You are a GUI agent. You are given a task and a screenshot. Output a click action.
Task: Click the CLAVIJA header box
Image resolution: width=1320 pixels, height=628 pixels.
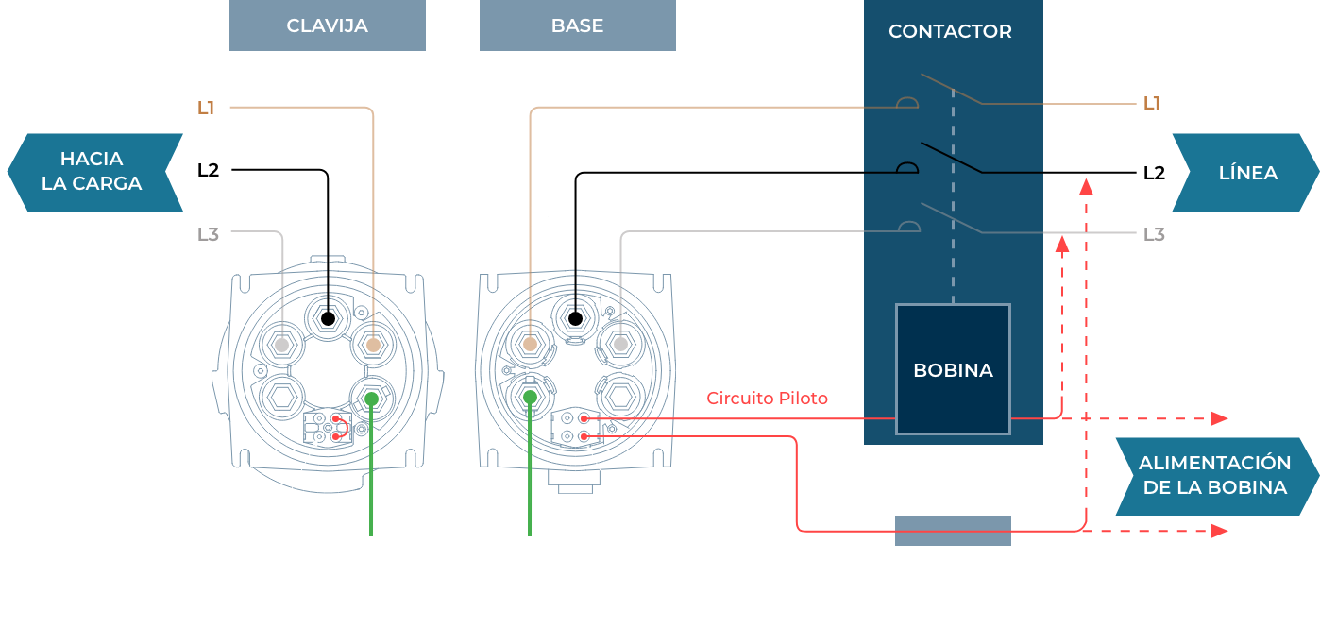[x=327, y=25]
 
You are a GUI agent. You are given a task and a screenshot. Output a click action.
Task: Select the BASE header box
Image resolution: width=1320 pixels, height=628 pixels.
[x=578, y=25]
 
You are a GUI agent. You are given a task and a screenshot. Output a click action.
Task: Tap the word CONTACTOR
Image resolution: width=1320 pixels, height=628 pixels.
[x=950, y=31]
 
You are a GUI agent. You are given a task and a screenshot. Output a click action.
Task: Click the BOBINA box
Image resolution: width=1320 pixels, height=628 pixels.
[x=953, y=369]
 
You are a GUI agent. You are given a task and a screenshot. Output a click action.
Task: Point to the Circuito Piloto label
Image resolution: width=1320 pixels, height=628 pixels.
[x=768, y=399]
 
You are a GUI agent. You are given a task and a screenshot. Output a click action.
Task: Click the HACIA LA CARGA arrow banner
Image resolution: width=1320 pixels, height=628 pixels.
[x=94, y=172]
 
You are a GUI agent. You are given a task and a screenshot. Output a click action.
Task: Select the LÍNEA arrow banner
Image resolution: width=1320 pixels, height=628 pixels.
[x=1245, y=173]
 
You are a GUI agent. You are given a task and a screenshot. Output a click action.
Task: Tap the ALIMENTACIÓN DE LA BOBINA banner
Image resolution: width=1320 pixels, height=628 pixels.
[x=1217, y=476]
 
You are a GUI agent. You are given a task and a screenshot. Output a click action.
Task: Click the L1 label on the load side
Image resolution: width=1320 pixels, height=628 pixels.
[x=206, y=108]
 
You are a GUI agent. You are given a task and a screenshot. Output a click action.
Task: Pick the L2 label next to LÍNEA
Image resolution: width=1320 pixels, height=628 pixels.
[x=1154, y=173]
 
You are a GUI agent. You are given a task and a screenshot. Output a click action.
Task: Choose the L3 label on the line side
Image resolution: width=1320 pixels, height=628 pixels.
[x=1154, y=234]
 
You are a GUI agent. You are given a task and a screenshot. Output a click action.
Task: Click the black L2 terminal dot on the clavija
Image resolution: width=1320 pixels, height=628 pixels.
[x=328, y=318]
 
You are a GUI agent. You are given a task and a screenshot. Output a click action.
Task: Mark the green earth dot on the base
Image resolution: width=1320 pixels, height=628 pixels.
[x=530, y=397]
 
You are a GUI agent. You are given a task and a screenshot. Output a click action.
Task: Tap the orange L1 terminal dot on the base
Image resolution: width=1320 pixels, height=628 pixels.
[x=530, y=344]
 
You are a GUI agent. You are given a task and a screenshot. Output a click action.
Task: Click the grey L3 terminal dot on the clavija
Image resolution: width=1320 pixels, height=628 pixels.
[x=281, y=345]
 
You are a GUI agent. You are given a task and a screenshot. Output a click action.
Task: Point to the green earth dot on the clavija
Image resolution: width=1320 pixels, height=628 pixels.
[x=371, y=399]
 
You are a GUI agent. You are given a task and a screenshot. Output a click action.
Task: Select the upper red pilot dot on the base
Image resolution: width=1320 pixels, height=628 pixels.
[x=584, y=418]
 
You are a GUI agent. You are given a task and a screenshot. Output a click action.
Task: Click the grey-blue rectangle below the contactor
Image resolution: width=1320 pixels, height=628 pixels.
[x=953, y=530]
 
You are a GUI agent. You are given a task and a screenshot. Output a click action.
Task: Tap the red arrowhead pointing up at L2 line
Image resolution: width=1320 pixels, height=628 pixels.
[x=1086, y=187]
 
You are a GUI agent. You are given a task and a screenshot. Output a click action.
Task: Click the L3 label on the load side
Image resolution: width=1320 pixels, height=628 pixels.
[x=208, y=234]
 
